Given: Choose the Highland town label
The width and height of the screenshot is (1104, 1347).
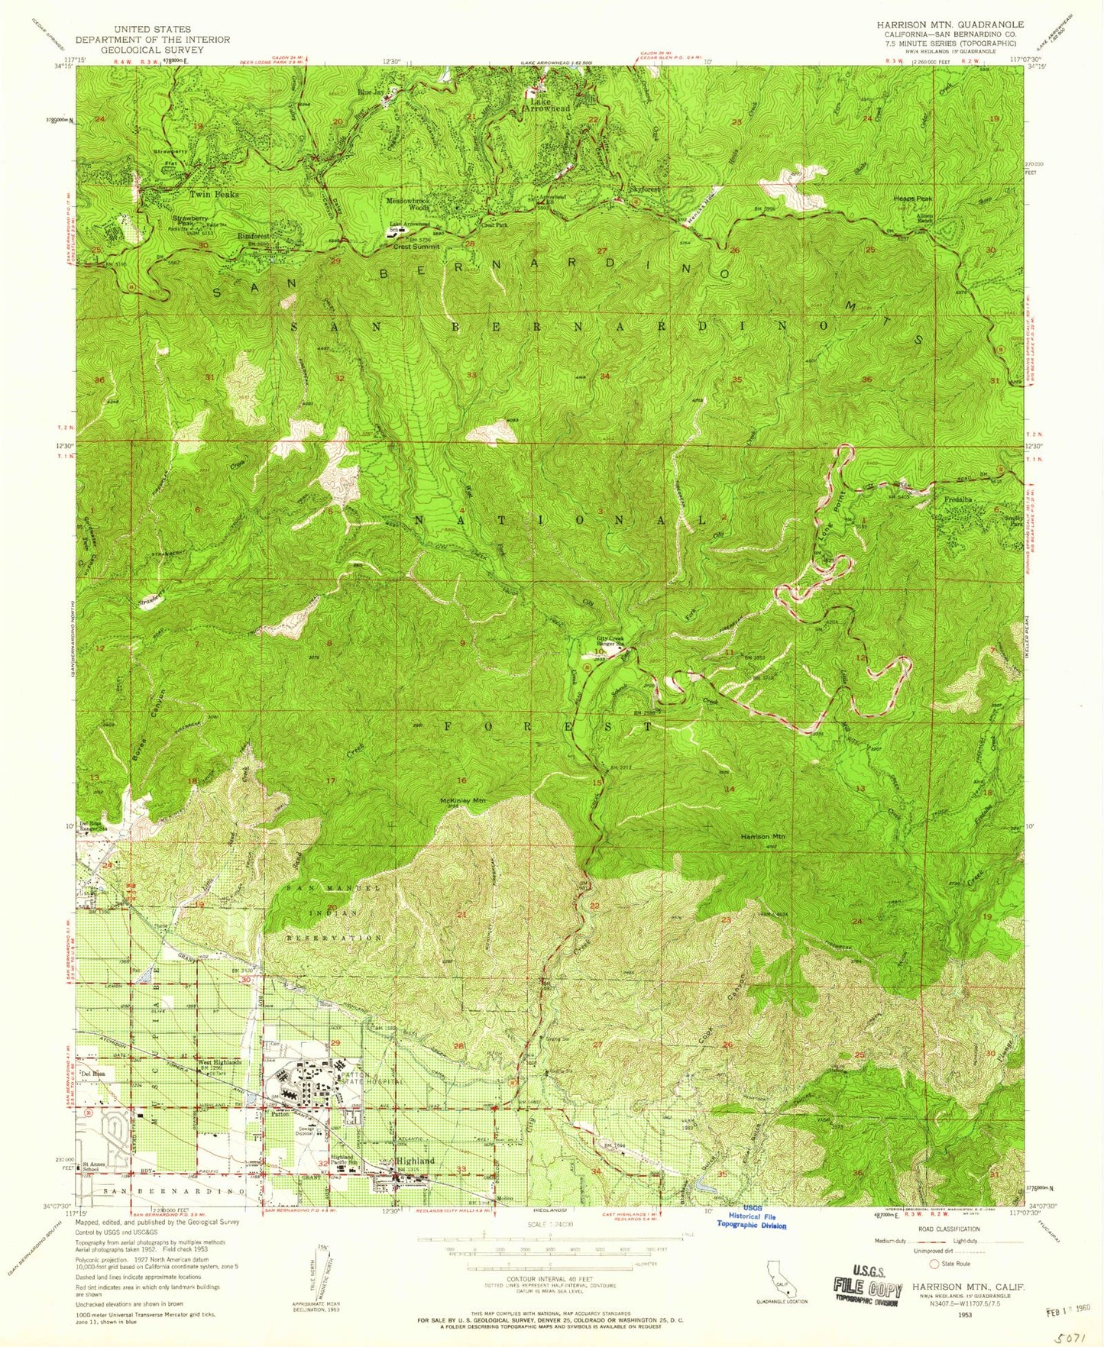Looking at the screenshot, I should click(416, 1161).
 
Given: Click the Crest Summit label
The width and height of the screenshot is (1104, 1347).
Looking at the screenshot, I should click(416, 247).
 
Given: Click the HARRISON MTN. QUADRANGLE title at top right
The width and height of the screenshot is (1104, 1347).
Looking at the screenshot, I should click(950, 24).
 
